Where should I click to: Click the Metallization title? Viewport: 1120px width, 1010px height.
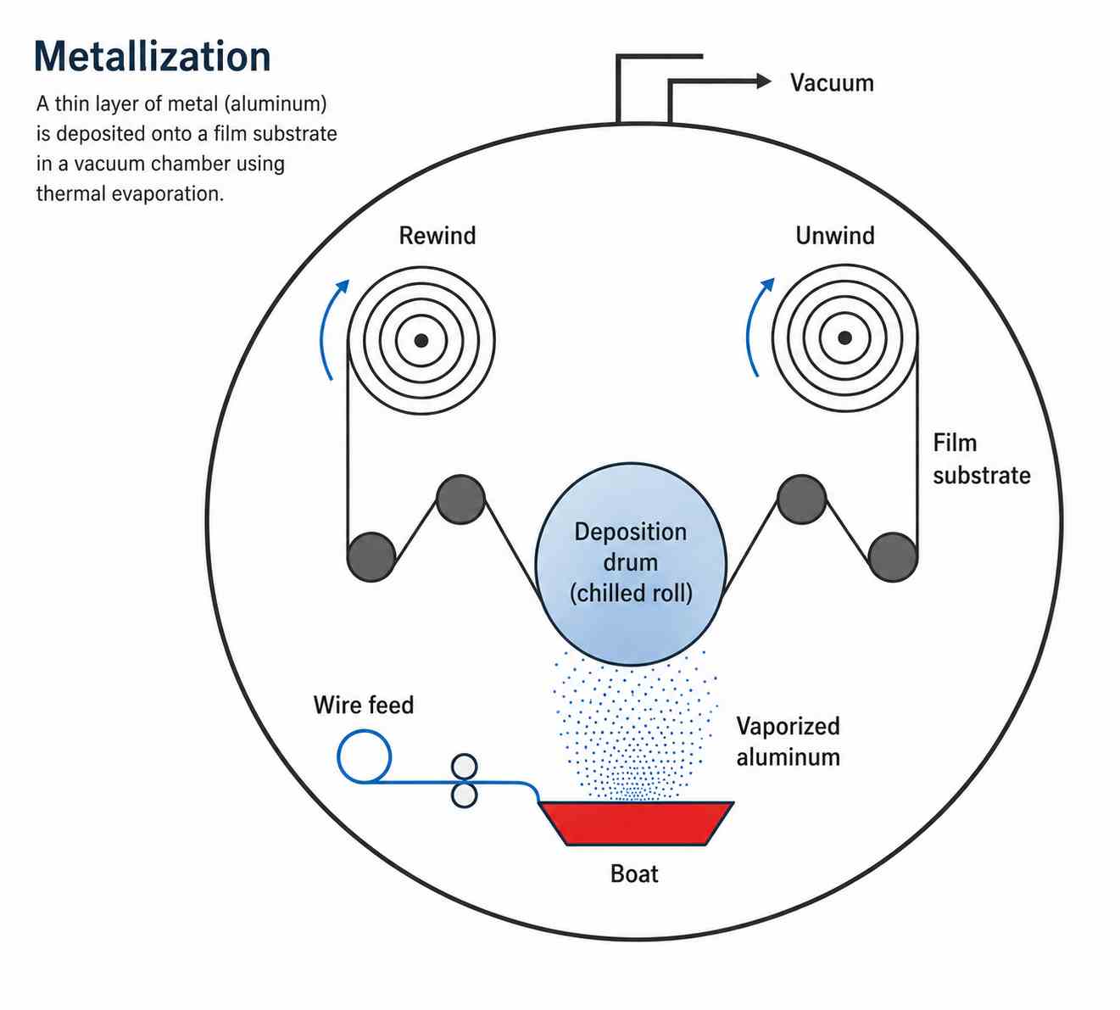pos(153,57)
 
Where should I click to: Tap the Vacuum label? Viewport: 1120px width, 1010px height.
pos(832,82)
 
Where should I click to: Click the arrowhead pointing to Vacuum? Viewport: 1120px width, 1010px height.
pos(764,81)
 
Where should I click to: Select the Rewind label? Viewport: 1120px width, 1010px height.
pos(437,235)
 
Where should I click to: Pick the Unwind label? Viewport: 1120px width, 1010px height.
pos(834,235)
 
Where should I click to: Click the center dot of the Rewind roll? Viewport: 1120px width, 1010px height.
pos(421,340)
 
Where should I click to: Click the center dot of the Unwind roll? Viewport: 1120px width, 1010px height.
pos(844,338)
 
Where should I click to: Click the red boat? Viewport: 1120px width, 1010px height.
pos(636,823)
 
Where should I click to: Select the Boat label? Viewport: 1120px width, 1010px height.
pos(634,873)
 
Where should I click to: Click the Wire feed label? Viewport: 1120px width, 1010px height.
pos(364,705)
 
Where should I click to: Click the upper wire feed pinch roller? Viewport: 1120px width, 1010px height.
pos(464,767)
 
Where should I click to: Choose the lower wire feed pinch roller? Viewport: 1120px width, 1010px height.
pos(464,795)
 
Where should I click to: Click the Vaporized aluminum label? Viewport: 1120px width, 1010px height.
pos(788,741)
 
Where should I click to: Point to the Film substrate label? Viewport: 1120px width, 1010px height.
pos(982,459)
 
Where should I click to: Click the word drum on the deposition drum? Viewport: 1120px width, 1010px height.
pos(630,562)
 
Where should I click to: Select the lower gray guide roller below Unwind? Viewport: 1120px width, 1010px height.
pos(893,557)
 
